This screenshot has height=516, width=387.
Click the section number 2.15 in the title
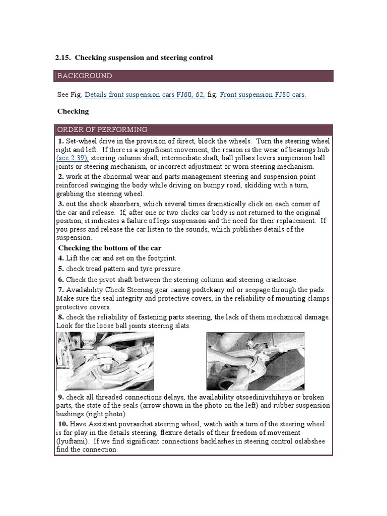tap(62, 58)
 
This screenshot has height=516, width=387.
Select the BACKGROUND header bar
tap(193, 76)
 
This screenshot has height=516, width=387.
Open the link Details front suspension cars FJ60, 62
tap(145, 94)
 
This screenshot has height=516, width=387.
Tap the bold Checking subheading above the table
tap(73, 111)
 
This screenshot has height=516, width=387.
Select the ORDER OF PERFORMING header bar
tap(193, 130)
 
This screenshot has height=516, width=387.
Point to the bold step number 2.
tap(60, 176)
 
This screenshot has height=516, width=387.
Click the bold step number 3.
tap(60, 204)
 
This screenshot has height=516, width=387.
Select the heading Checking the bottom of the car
tap(109, 248)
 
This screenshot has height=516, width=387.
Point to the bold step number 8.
tap(60, 317)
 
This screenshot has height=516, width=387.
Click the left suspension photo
tap(105, 361)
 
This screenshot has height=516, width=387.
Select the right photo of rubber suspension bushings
tap(255, 361)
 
